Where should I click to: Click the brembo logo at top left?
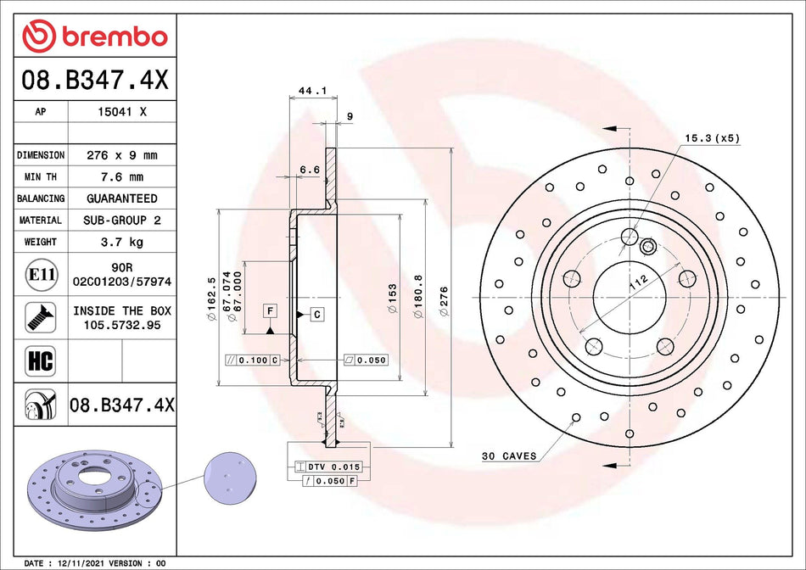pyautogui.click(x=95, y=36)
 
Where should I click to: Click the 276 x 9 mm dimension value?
pyautogui.click(x=122, y=155)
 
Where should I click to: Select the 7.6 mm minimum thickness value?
pyautogui.click(x=122, y=177)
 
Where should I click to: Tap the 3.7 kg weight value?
pyautogui.click(x=122, y=242)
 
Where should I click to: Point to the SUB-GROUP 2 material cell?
pyautogui.click(x=122, y=221)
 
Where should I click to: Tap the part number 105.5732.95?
pyautogui.click(x=122, y=325)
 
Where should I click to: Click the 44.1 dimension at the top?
pyautogui.click(x=307, y=89)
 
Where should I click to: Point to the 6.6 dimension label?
pyautogui.click(x=310, y=170)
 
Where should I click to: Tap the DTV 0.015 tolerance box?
pyautogui.click(x=327, y=467)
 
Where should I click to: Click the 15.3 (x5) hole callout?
pyautogui.click(x=712, y=137)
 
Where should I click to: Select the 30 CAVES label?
pyautogui.click(x=509, y=456)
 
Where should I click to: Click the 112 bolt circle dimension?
pyautogui.click(x=637, y=282)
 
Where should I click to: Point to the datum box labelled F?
pyautogui.click(x=270, y=310)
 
